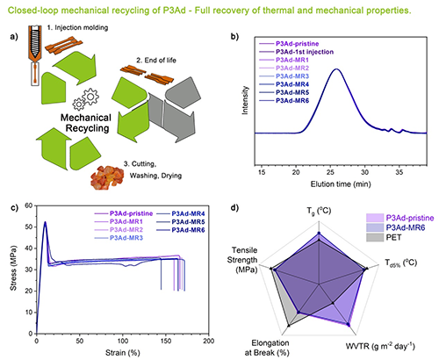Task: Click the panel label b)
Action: (234, 37)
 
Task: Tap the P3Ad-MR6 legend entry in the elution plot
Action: (292, 101)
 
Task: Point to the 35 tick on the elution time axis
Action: (399, 172)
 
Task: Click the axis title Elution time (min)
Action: (341, 184)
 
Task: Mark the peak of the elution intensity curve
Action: (336, 69)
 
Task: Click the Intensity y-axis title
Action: (245, 100)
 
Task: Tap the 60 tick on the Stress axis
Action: (29, 205)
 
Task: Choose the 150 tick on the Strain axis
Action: (166, 341)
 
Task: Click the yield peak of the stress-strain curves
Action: (45, 222)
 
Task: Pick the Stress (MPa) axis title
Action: (13, 268)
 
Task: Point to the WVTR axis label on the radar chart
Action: (380, 346)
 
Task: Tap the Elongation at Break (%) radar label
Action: (270, 348)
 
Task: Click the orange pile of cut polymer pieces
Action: (107, 177)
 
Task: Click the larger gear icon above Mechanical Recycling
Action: (90, 96)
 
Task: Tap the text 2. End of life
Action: (156, 61)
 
